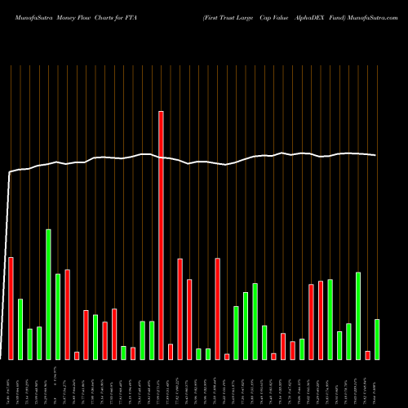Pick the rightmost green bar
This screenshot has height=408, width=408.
(377, 339)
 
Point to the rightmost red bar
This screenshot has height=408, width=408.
(367, 355)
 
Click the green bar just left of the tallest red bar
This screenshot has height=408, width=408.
(152, 340)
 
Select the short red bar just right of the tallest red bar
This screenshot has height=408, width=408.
(171, 352)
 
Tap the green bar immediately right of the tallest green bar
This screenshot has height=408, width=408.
(58, 317)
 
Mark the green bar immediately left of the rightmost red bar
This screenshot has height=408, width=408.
(358, 315)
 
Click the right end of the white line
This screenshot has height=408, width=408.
(376, 155)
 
